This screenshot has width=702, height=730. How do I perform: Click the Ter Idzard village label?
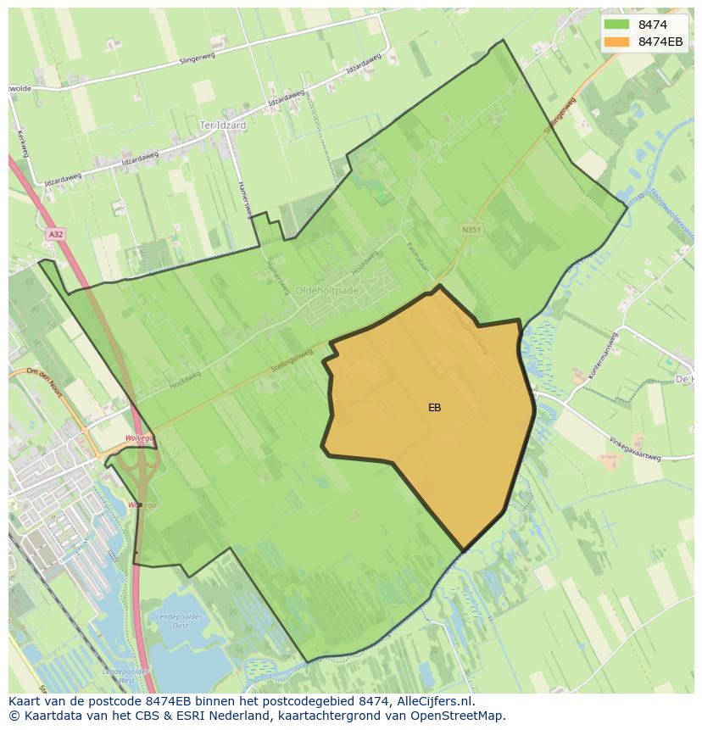222,125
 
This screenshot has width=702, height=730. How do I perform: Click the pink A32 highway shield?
55,233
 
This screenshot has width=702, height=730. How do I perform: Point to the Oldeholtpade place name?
327,290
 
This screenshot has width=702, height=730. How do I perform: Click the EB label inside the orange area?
434,408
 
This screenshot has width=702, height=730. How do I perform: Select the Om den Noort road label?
44,376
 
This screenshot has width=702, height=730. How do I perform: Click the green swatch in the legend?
616,24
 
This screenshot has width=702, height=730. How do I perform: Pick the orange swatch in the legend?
616,41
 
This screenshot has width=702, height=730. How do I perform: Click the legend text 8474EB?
660,41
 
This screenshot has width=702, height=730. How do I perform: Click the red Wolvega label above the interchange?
137,438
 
